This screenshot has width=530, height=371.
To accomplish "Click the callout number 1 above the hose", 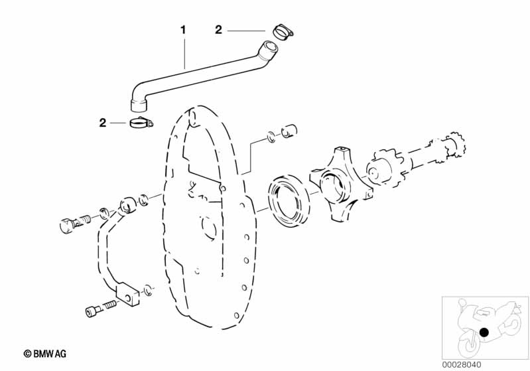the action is click(183, 30).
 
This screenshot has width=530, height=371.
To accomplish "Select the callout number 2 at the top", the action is click(218, 30).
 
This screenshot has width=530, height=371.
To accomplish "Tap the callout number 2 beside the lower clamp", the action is click(102, 123).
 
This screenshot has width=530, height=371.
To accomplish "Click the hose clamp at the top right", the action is click(283, 33).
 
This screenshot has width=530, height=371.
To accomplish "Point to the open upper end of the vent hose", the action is click(270, 46).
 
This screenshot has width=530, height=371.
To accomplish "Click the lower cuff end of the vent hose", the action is click(139, 105).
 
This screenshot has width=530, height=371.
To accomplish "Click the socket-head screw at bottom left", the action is click(100, 308).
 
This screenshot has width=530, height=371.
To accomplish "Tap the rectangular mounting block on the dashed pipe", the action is click(128, 294).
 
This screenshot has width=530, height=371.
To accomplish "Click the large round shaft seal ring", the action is click(289, 201).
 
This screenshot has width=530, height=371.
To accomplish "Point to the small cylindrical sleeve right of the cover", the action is click(289, 131).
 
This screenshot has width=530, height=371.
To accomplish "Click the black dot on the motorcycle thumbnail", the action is click(484, 333).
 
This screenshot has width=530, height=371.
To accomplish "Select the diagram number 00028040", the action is click(462, 364).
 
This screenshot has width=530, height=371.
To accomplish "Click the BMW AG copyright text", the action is click(44, 354).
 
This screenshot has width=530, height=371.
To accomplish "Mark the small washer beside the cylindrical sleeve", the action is click(271, 137).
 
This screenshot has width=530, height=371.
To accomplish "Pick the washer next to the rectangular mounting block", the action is click(148, 290).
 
